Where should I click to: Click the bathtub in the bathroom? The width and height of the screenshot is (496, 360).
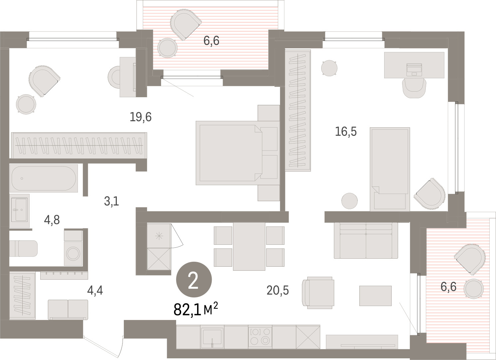(x=44, y=178)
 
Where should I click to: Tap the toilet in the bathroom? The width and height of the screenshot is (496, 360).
(x=23, y=248)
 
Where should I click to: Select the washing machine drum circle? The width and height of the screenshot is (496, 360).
(x=73, y=254)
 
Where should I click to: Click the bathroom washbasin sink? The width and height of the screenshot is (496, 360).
(x=20, y=209)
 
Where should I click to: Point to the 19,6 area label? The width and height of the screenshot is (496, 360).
(x=140, y=117)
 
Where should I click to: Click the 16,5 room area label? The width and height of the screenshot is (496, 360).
(x=346, y=131)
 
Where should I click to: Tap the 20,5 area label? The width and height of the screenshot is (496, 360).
(x=278, y=290)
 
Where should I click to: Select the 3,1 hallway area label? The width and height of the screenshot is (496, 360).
(x=112, y=201)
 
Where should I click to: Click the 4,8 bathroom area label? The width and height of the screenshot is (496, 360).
(x=52, y=220)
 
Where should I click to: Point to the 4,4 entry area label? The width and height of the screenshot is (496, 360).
(x=95, y=290)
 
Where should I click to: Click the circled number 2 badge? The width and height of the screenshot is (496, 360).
(x=194, y=279)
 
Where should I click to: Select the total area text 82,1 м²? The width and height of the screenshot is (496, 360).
(x=196, y=309)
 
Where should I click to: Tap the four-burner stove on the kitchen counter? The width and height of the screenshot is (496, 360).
(x=260, y=337)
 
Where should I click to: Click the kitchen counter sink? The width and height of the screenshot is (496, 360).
(x=212, y=337)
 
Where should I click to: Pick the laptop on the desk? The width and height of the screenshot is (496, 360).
(x=414, y=70)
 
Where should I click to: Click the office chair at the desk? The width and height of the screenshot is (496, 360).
(x=414, y=88)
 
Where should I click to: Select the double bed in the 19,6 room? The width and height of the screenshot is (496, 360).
(x=238, y=153)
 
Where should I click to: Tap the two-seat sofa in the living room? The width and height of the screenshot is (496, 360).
(x=366, y=240)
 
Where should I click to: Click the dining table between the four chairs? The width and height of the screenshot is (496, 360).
(x=249, y=246)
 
